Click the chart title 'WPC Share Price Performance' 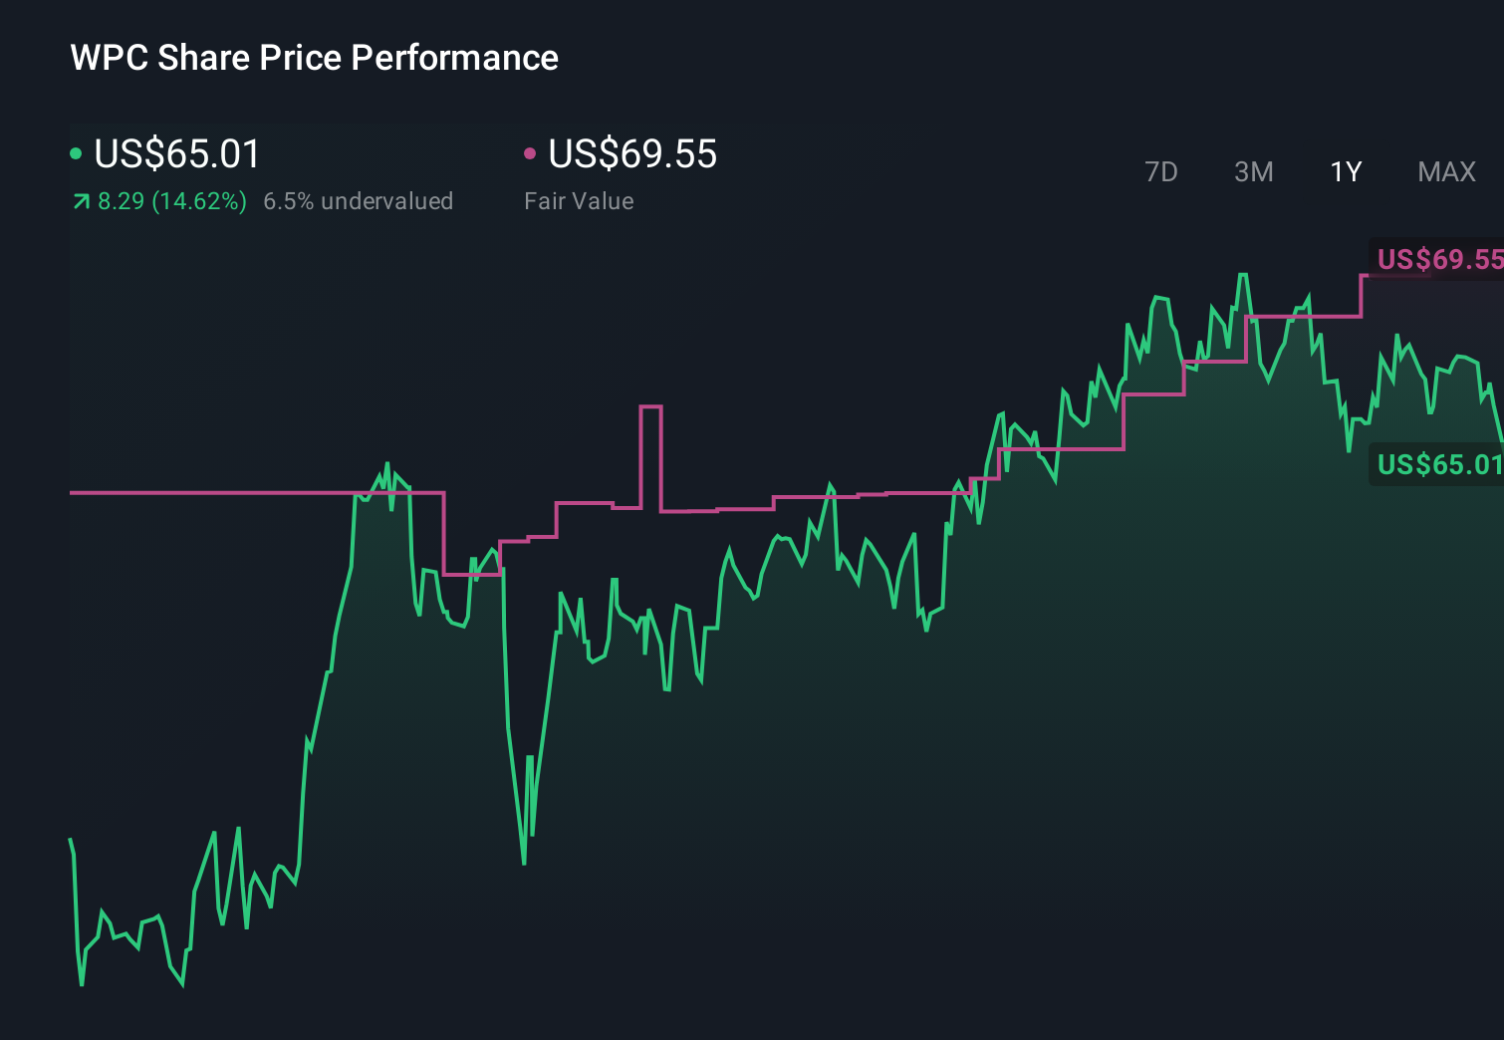pos(314,58)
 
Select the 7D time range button pos(1160,172)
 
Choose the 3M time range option pos(1253,172)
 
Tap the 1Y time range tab pos(1346,172)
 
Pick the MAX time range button pos(1446,172)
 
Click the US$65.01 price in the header pos(176,154)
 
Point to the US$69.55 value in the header pos(632,154)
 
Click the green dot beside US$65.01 pos(76,153)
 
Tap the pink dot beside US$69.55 pos(530,153)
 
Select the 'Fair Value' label pos(579,201)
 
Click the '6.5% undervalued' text pos(358,201)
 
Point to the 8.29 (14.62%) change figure pos(171,201)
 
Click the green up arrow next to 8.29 pos(81,202)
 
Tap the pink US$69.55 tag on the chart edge pos(1438,260)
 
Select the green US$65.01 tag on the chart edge pos(1438,464)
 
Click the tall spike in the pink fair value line pos(650,407)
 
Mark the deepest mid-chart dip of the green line pos(524,861)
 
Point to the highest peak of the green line pos(1243,275)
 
